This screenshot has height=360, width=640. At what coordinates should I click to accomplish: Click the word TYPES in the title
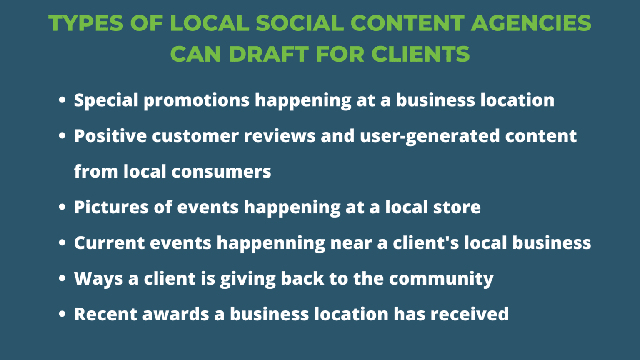coord(86,23)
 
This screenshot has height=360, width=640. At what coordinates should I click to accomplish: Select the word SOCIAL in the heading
coord(300,23)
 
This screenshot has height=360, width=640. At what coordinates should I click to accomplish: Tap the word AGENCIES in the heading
coord(531,23)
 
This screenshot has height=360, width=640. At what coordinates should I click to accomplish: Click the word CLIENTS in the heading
coord(420,54)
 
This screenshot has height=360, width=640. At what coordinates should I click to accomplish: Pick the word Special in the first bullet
coord(106,100)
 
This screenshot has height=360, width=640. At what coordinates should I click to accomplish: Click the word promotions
coord(196,100)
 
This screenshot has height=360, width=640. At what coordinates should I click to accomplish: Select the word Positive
coord(110,136)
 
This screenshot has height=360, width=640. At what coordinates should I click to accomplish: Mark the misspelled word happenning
coord(270,243)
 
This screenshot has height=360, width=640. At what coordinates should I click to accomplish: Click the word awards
coord(175,315)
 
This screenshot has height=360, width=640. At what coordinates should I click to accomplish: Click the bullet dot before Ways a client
coord(62,278)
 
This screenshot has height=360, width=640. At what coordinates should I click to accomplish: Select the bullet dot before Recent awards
coord(62,314)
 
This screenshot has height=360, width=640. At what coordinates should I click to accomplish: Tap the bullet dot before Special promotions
coord(62,100)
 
